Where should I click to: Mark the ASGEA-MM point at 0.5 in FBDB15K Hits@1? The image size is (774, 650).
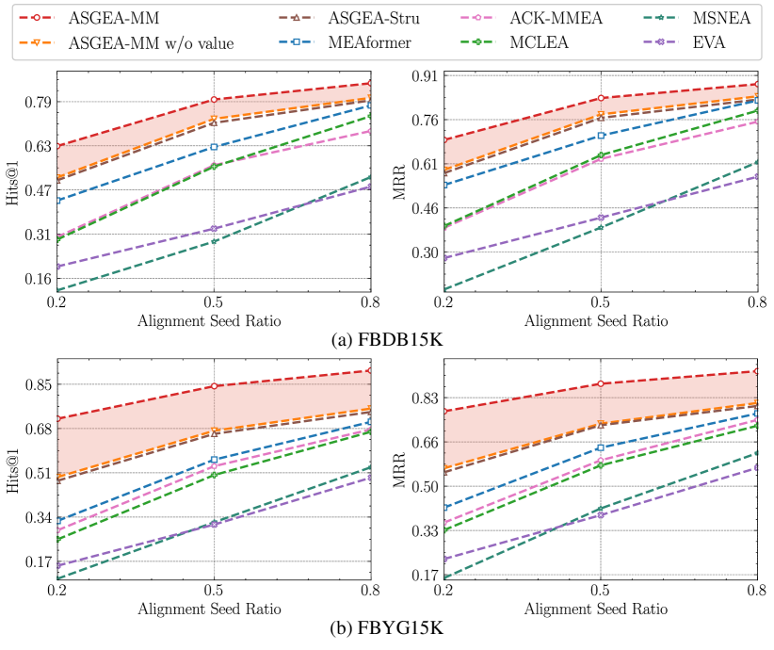pyautogui.click(x=215, y=99)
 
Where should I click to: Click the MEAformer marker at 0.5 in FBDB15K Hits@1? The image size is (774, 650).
pyautogui.click(x=215, y=146)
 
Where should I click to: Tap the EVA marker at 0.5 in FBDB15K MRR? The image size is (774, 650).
pyautogui.click(x=601, y=217)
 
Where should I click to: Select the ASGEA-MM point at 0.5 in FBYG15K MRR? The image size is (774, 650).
pyautogui.click(x=601, y=383)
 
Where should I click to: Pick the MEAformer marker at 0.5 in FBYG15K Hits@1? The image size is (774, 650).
pyautogui.click(x=215, y=460)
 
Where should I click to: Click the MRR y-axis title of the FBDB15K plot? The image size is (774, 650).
pyautogui.click(x=398, y=185)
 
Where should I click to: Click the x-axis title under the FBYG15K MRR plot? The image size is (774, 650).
pyautogui.click(x=599, y=609)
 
